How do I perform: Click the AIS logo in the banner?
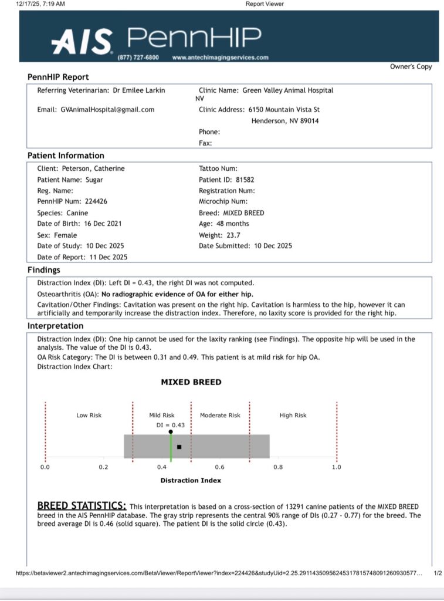point(82,42)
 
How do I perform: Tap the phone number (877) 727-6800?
point(138,58)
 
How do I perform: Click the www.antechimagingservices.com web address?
point(221,58)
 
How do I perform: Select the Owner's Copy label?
point(411,67)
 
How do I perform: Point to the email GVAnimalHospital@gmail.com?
point(107,110)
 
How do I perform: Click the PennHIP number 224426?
point(96,201)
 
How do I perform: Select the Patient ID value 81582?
point(244,180)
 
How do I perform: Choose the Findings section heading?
point(44,270)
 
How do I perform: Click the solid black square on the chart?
point(179,447)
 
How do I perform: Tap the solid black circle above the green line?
point(171,432)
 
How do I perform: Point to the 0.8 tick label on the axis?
point(277,467)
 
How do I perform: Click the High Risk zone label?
point(293,416)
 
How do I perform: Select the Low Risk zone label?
point(89,416)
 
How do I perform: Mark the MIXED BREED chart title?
point(191,382)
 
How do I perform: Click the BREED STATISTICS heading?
point(82,506)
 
